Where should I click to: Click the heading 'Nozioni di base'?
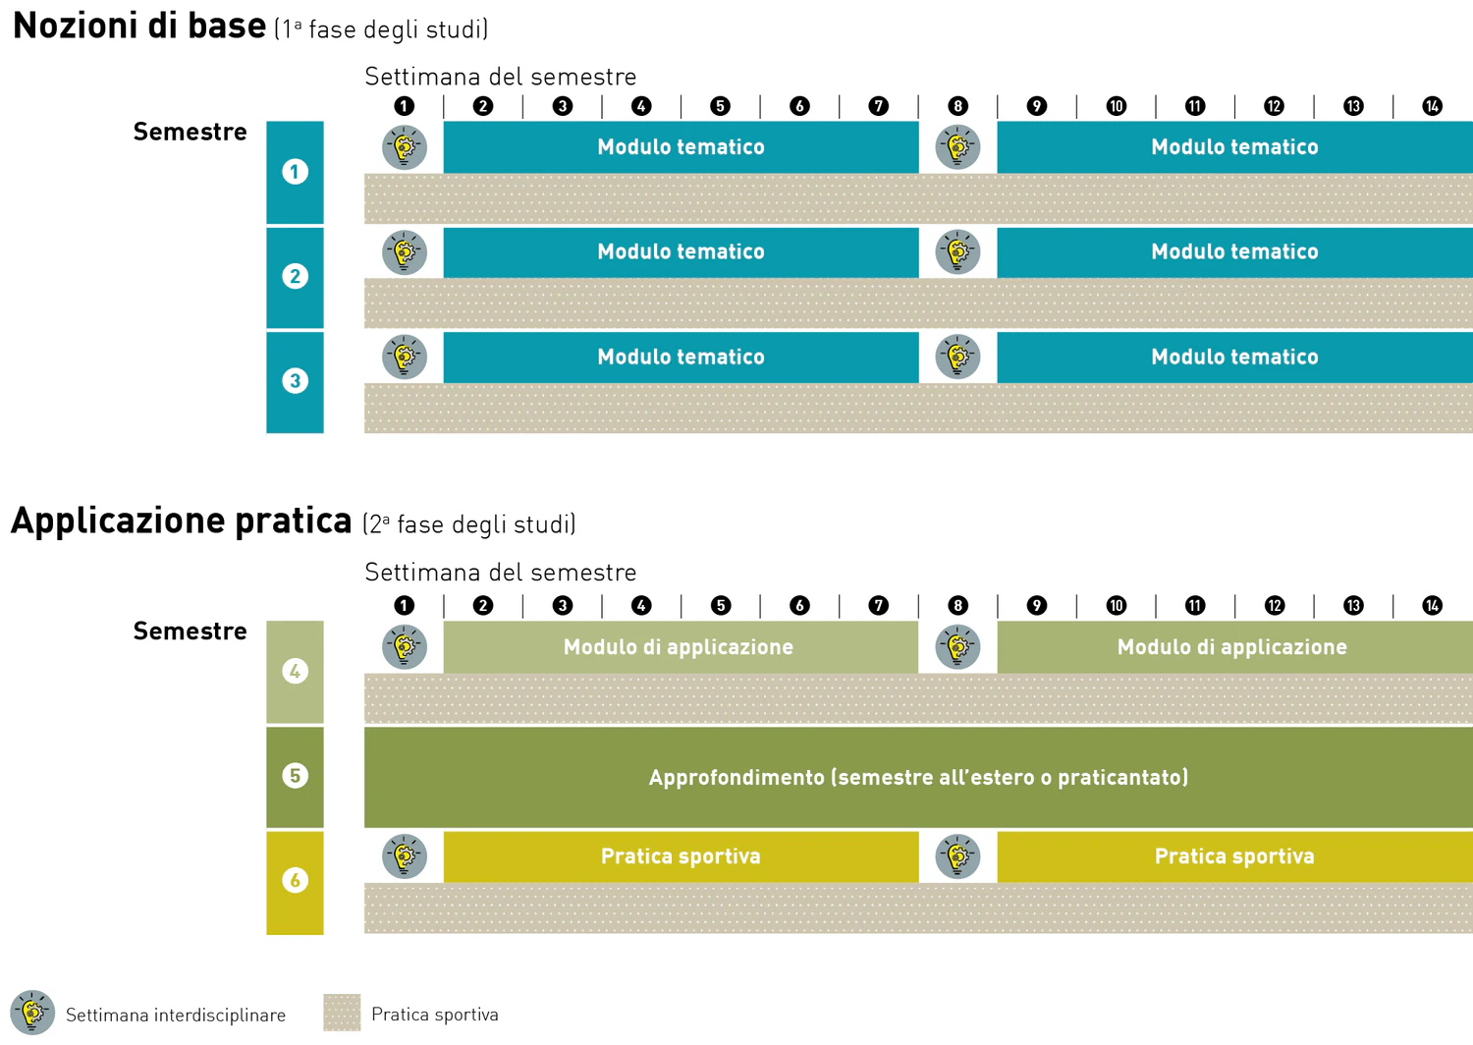tap(139, 26)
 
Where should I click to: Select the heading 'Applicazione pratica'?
tap(181, 521)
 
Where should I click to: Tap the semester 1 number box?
tap(295, 173)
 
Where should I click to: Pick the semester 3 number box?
tap(295, 382)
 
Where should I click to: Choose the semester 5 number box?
tap(295, 777)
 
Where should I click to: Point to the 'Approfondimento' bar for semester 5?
tap(918, 777)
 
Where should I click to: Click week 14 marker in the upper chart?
tap(1432, 106)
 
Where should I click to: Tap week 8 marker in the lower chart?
tap(957, 605)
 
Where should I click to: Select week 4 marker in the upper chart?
tap(641, 106)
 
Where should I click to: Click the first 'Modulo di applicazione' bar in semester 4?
tap(680, 647)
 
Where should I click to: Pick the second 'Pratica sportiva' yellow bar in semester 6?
tap(1234, 856)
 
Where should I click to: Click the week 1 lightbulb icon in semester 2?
tap(405, 252)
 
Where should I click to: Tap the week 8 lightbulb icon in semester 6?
tap(957, 856)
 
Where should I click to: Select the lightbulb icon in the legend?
tap(32, 1013)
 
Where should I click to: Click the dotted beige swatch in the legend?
tap(342, 1013)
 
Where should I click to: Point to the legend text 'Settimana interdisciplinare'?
tap(176, 1015)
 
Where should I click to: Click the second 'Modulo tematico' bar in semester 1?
tap(1234, 147)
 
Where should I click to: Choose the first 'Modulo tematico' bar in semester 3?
tap(680, 357)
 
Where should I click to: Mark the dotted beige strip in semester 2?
tap(918, 303)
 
